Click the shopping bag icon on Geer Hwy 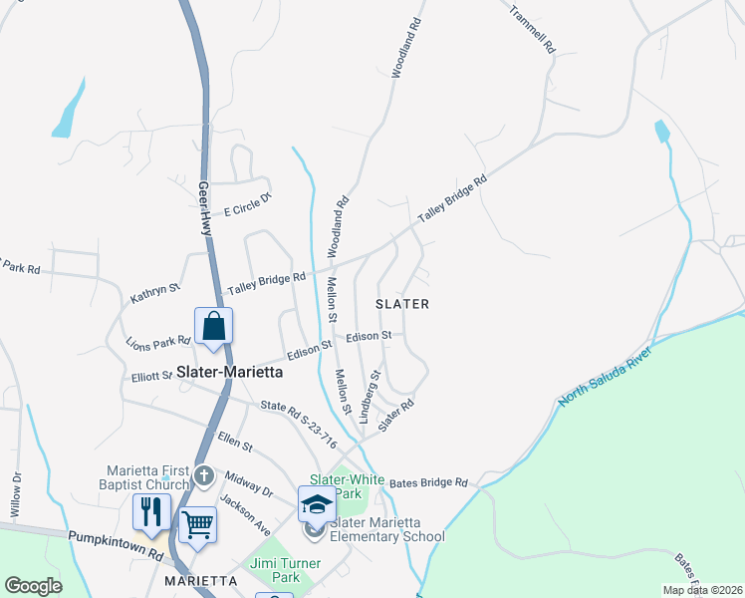214,326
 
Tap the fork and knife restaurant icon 151,512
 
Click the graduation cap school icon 317,504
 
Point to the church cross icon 204,474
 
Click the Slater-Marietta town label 230,372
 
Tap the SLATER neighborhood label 402,304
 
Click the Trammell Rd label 531,30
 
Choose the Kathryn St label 154,293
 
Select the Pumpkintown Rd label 116,544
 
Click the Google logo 33,585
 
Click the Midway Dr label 248,484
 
